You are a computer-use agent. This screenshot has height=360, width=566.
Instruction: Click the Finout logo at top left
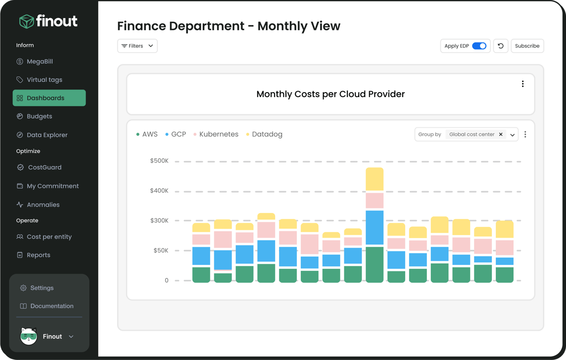click(48, 21)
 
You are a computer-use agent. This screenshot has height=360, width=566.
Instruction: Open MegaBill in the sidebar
click(40, 61)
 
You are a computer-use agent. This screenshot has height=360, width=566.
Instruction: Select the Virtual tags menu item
click(44, 80)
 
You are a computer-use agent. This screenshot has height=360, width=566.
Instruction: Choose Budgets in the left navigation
click(39, 116)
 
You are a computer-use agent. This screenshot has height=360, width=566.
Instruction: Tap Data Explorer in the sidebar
click(47, 135)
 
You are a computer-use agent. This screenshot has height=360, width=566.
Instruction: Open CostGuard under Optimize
click(44, 167)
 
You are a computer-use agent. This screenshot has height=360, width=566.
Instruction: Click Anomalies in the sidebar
click(43, 205)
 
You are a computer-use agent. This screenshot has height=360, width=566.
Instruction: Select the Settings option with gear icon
click(42, 288)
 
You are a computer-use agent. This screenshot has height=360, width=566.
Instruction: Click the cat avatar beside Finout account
click(29, 336)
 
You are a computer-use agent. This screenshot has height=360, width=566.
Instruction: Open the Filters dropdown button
click(137, 46)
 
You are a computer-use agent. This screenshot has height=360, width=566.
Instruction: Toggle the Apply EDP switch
click(479, 46)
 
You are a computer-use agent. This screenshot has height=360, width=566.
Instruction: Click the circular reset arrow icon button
click(501, 46)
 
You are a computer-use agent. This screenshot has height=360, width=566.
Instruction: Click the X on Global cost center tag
click(501, 134)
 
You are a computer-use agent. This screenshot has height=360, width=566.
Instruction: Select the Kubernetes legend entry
click(218, 134)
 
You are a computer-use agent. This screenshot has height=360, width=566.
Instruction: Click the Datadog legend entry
click(267, 134)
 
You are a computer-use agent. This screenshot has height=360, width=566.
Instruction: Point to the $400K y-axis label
click(159, 191)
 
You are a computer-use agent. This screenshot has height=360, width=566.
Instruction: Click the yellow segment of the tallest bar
click(375, 179)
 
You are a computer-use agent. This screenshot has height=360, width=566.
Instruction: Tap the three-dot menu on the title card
click(522, 84)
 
